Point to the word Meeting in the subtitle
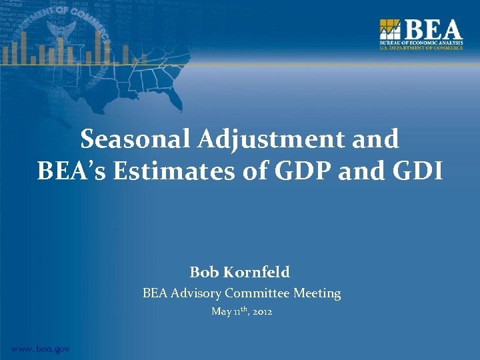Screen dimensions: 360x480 (317, 293)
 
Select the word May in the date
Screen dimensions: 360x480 (221, 311)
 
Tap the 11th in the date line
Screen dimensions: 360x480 (239, 311)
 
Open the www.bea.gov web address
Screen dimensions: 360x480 (39, 349)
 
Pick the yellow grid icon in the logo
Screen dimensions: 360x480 (390, 30)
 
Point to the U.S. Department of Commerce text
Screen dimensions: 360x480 (421, 48)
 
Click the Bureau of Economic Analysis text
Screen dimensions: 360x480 (421, 43)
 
